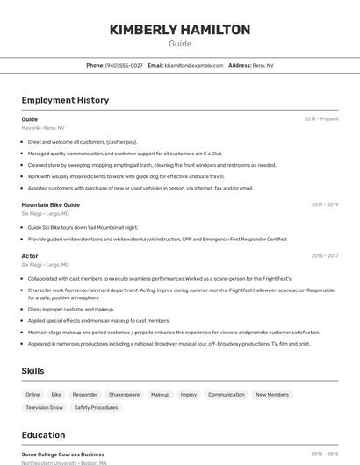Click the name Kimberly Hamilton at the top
click(180, 30)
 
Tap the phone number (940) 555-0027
click(124, 65)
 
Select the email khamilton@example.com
click(194, 65)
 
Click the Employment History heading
click(65, 100)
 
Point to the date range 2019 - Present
click(321, 118)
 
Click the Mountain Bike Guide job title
click(51, 204)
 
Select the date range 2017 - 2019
click(324, 204)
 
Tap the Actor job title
click(30, 256)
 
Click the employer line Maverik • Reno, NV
click(43, 127)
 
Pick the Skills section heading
click(33, 371)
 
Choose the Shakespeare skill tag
click(124, 395)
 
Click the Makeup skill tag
click(160, 395)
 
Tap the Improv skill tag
click(189, 395)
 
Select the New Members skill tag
click(272, 395)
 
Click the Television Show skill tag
click(44, 407)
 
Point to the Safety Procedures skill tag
click(96, 407)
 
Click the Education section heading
click(43, 435)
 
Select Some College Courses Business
click(63, 454)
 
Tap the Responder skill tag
click(85, 395)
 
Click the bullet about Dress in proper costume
click(71, 309)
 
